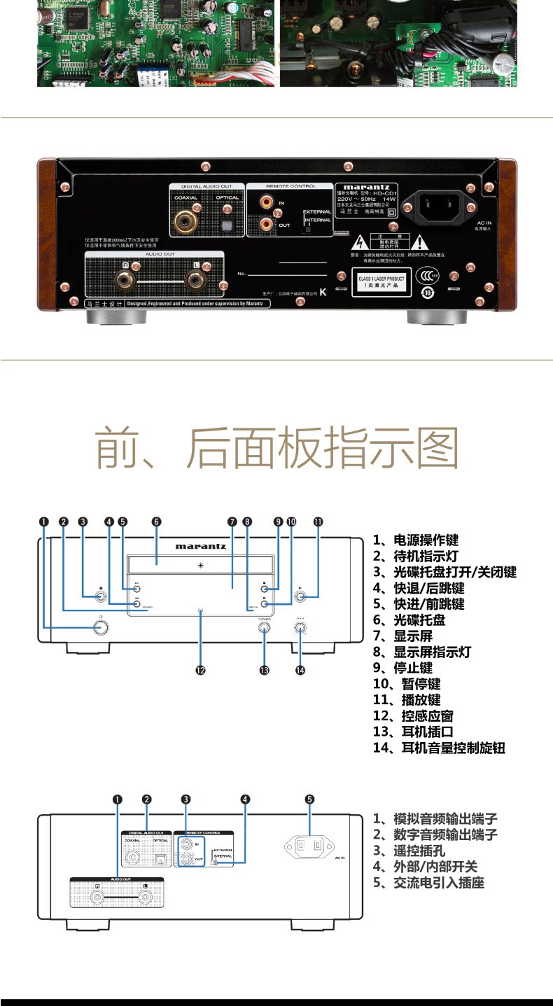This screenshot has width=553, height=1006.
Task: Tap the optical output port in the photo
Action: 226,223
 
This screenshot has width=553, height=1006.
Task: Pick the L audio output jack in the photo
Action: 197,281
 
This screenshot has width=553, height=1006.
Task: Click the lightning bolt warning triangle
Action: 360,242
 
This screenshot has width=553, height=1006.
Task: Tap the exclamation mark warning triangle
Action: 419,242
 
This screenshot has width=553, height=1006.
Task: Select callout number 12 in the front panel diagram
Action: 200,670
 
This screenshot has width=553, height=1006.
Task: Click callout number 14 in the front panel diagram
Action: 300,670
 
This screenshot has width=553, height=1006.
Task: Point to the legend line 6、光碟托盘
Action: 409,620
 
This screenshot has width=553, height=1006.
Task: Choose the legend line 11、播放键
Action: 407,700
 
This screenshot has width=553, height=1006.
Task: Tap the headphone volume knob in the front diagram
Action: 300,627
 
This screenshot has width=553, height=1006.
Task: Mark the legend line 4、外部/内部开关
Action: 426,867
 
